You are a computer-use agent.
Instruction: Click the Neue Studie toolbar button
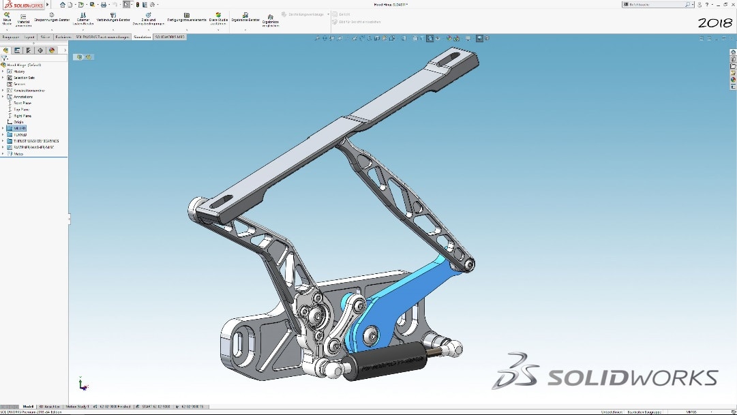pyautogui.click(x=7, y=18)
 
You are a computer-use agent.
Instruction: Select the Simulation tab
pyautogui.click(x=142, y=37)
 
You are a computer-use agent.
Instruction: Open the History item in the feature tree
pyautogui.click(x=19, y=72)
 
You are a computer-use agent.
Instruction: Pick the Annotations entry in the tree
pyautogui.click(x=23, y=97)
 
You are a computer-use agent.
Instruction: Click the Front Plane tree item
pyautogui.click(x=22, y=103)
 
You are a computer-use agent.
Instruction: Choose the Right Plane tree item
pyautogui.click(x=22, y=116)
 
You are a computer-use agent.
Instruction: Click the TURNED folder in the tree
pyautogui.click(x=20, y=135)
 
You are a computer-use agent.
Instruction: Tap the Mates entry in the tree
pyautogui.click(x=18, y=154)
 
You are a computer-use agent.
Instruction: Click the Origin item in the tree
pyautogui.click(x=18, y=122)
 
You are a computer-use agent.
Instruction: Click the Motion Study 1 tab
pyautogui.click(x=77, y=407)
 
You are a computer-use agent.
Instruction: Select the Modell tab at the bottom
pyautogui.click(x=29, y=407)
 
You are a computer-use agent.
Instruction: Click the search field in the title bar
pyautogui.click(x=655, y=4)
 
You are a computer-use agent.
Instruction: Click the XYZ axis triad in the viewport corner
pyautogui.click(x=82, y=384)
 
